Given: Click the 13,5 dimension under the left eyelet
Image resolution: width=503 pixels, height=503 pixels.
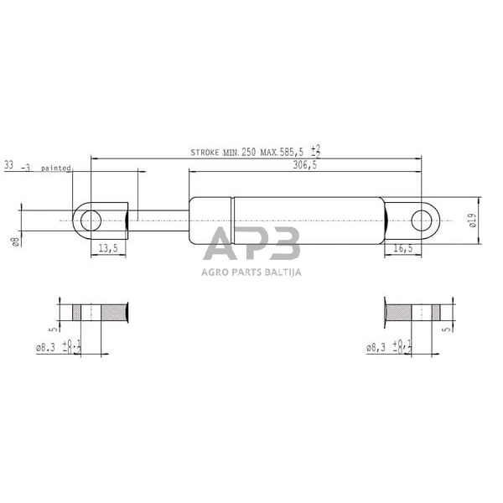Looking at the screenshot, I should (x=107, y=248).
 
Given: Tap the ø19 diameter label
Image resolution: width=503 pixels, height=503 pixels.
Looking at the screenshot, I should (x=472, y=220).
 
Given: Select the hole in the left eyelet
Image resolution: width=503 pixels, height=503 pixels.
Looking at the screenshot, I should (x=91, y=220).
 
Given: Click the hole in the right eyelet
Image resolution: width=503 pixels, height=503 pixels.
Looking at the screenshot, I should (x=425, y=221).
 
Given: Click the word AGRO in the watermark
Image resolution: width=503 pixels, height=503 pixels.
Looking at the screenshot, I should (x=216, y=272).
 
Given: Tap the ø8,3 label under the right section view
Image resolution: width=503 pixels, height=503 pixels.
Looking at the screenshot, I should (x=381, y=346).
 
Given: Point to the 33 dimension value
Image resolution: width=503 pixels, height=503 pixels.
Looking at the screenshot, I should (x=10, y=166).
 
